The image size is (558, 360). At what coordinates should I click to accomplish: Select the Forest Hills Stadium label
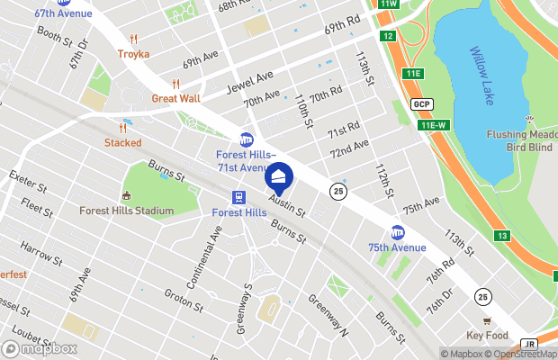coord(126,211)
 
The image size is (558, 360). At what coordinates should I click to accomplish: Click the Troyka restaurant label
coord(133,53)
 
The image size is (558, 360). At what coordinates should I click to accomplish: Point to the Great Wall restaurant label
coord(175,98)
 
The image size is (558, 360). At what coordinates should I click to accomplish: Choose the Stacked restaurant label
coord(122,142)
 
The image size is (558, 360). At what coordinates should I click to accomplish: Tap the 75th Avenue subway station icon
coord(397,231)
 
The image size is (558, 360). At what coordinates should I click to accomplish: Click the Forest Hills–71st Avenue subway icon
coord(246,139)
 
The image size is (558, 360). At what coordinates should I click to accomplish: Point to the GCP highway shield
coord(422,103)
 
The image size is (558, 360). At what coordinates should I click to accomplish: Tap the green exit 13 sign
coord(502,236)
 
